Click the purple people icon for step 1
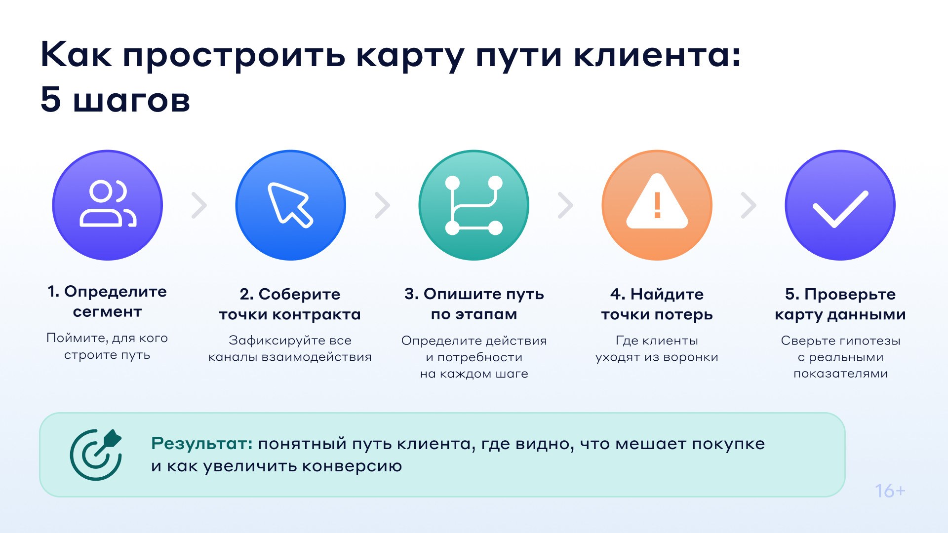coord(107,205)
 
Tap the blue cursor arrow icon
coord(290,205)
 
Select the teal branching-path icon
coord(474,205)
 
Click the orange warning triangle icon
coord(657,205)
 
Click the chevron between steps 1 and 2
coord(199,205)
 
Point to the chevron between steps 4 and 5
coord(749,205)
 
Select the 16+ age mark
coord(890,491)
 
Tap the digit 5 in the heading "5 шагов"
coord(51,99)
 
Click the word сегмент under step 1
coord(107,312)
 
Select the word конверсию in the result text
coord(352,466)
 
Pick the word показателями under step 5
coord(841,374)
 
